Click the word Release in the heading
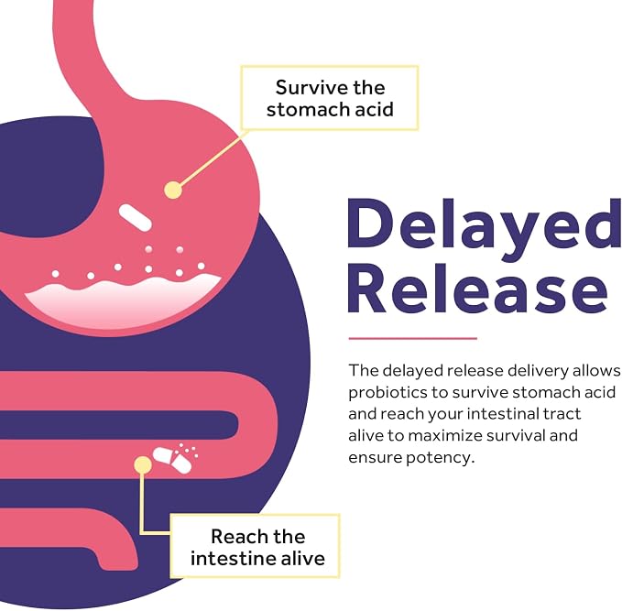[477, 288]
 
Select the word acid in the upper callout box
[374, 110]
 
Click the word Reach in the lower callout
[235, 537]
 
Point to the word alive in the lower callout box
[302, 558]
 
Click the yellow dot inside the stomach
[173, 190]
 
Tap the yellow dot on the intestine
[142, 464]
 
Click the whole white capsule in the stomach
[136, 217]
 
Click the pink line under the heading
[412, 338]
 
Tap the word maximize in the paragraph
[444, 436]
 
